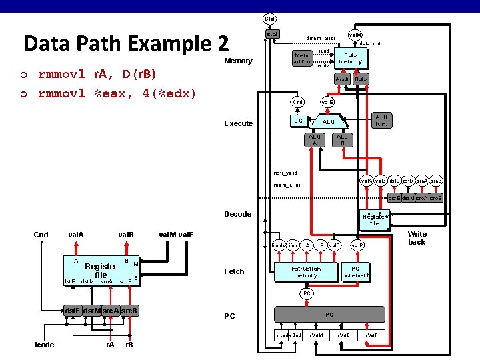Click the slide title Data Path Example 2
point(125,43)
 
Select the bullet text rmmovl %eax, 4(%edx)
point(117,93)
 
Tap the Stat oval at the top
point(270,19)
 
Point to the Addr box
point(342,79)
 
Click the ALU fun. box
point(381,121)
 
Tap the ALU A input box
point(313,140)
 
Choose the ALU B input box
point(342,140)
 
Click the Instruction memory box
point(306,272)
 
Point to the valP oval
point(357,246)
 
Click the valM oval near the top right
point(355,34)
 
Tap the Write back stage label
point(417,238)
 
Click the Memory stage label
point(239,61)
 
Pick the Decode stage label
point(238,214)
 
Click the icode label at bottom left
point(45,345)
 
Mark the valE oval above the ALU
point(327,102)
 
